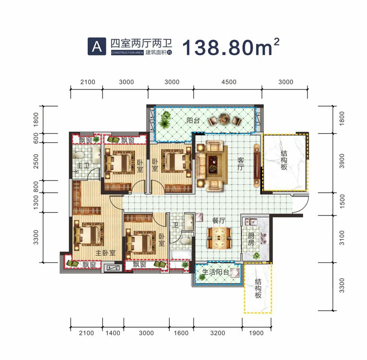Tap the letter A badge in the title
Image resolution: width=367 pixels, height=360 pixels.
tap(96, 46)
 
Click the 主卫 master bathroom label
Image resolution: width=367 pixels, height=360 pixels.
tap(83, 166)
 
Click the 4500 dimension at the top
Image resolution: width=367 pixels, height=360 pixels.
tap(228, 82)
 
